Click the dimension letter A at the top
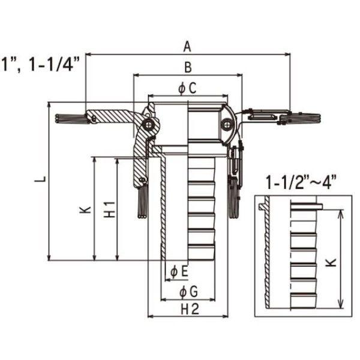coord(187,47)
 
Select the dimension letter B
coord(188,67)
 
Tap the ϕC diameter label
coord(187,88)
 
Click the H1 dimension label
coord(110,209)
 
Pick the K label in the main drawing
coord(85,210)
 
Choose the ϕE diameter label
coord(179,271)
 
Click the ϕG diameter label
coord(188,292)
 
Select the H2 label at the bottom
coord(190,309)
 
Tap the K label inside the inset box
coord(331,262)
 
